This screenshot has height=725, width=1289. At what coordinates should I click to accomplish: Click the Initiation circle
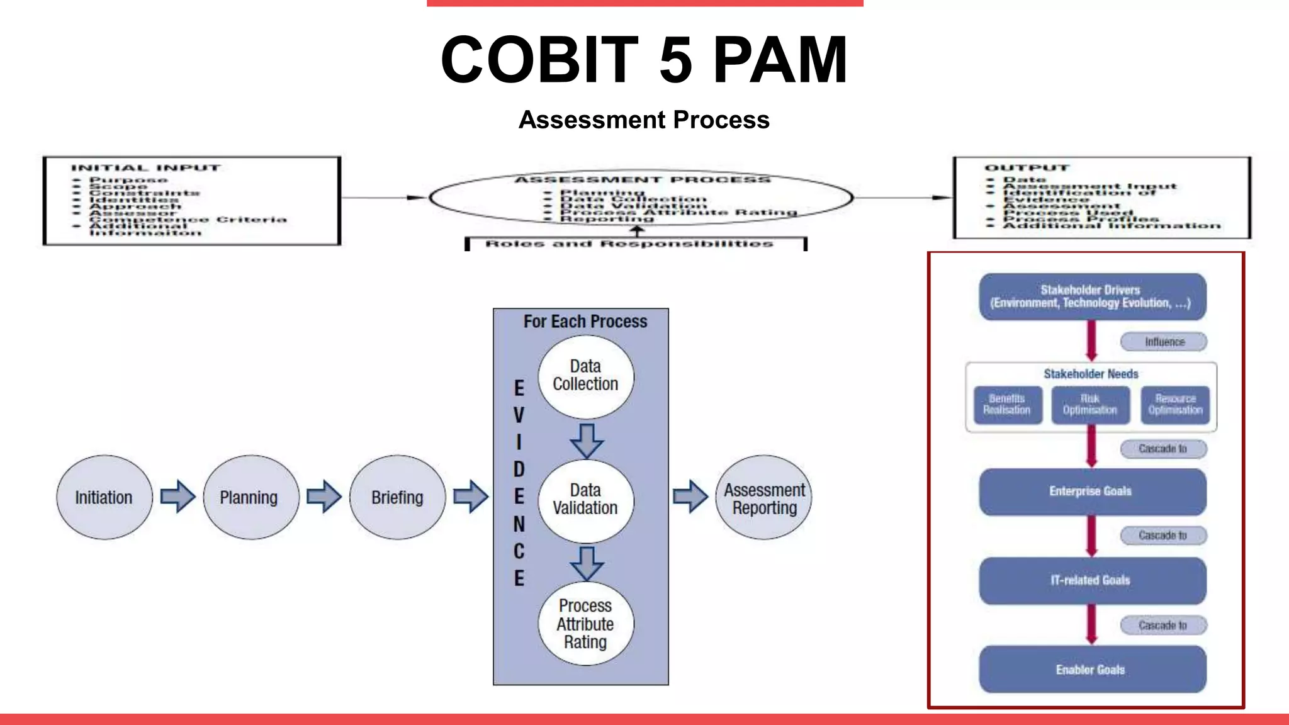[x=104, y=497]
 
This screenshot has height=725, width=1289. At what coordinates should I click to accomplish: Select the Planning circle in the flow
[x=250, y=497]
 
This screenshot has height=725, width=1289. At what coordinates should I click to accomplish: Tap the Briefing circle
[x=397, y=497]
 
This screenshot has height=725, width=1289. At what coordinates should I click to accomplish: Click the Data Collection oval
[x=585, y=376]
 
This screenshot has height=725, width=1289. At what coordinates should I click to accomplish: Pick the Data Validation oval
[x=585, y=500]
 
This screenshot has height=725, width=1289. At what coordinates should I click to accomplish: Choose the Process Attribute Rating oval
[x=585, y=624]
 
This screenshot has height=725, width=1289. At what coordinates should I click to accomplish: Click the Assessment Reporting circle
[x=763, y=497]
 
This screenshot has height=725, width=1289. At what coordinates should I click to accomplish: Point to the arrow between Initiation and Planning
[x=177, y=497]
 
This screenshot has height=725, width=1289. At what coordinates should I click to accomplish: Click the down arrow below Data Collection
[x=587, y=441]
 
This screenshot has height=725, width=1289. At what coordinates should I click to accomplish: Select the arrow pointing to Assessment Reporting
[x=690, y=497]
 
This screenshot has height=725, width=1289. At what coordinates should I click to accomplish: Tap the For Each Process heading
[x=585, y=322]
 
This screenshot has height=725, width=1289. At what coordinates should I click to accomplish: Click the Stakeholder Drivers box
[x=1092, y=296]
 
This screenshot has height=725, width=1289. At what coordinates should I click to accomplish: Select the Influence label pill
[x=1163, y=342]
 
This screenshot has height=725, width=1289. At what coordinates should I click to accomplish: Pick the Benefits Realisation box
[x=1007, y=405]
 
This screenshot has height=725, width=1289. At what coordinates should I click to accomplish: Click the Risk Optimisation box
[x=1090, y=405]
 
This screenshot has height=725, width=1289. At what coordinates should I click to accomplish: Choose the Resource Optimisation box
[x=1175, y=405]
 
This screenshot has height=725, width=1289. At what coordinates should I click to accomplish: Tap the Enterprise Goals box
[x=1092, y=492]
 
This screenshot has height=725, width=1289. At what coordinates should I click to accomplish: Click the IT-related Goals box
[x=1092, y=580]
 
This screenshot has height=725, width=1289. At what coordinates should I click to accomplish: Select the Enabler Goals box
[x=1092, y=670]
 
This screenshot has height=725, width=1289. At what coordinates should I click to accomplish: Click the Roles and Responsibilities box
[x=635, y=244]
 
